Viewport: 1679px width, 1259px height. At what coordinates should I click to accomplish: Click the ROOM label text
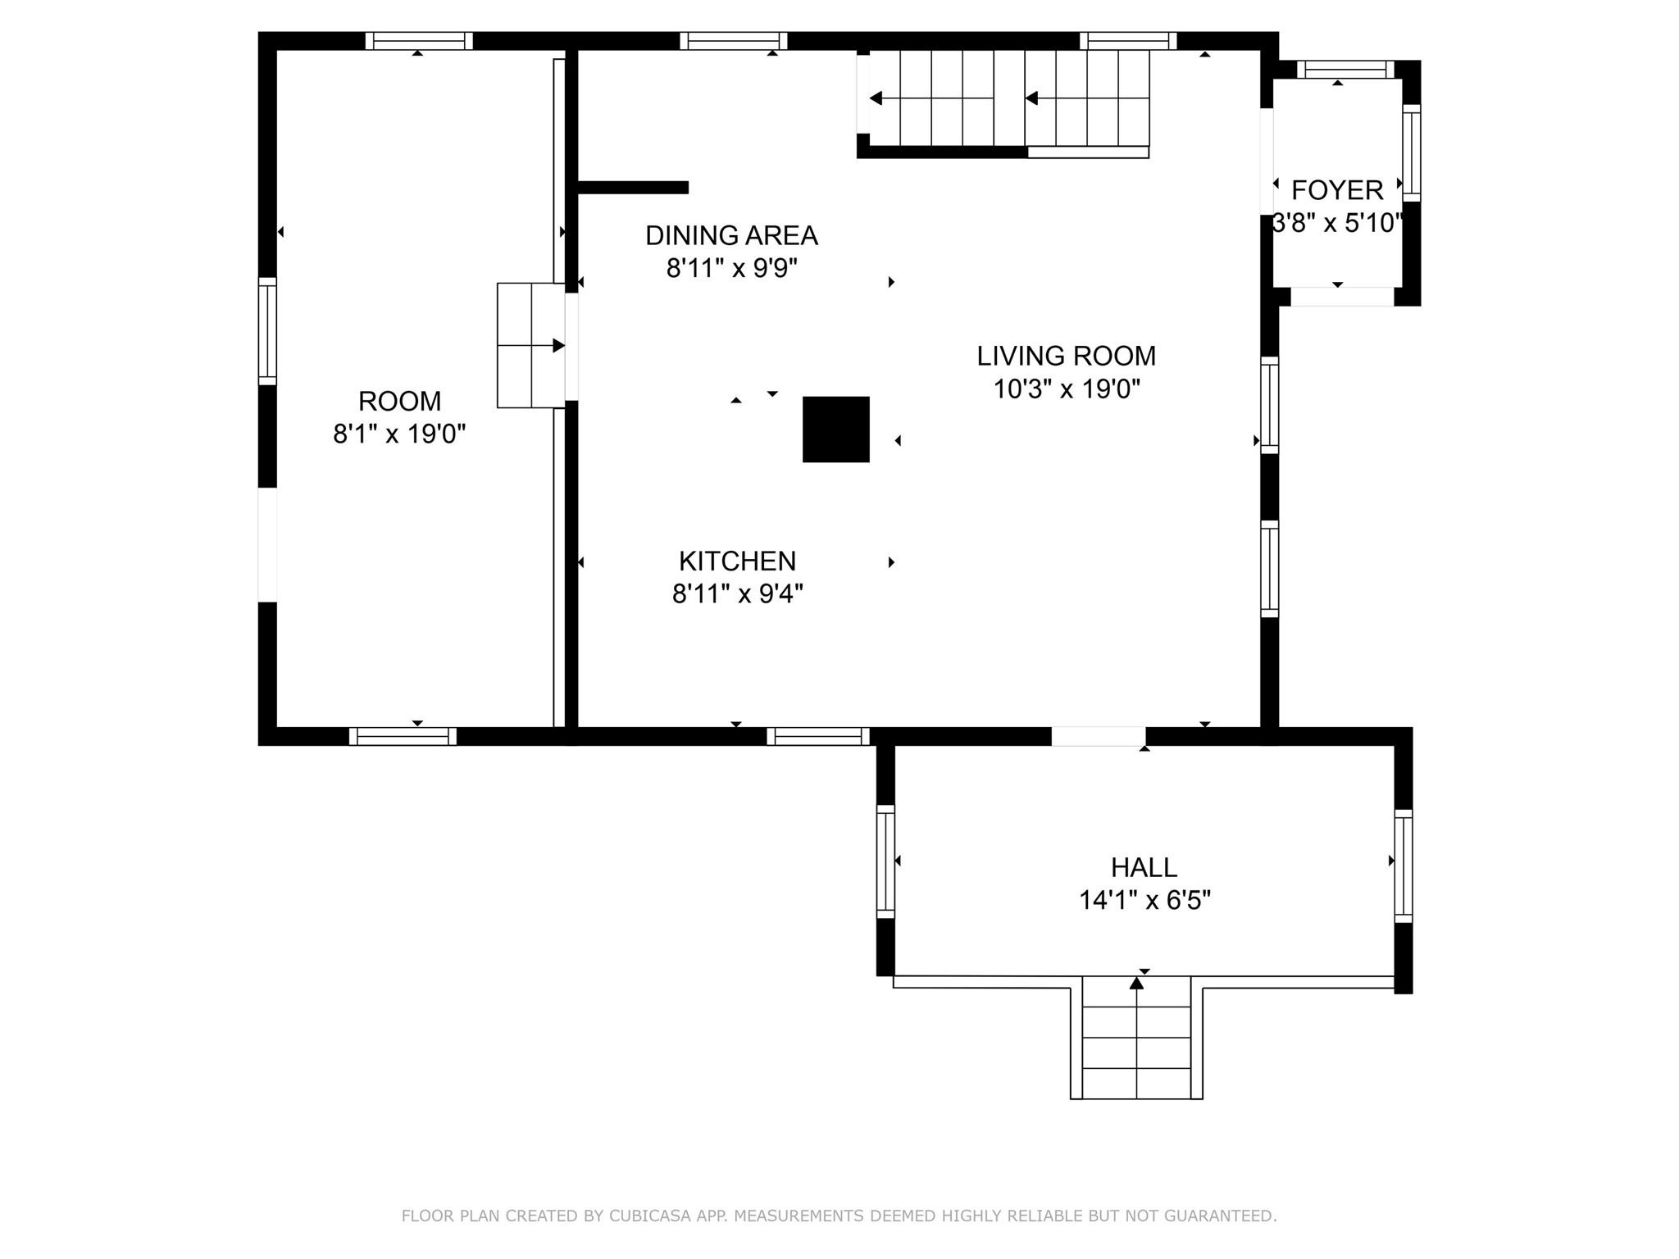point(399,401)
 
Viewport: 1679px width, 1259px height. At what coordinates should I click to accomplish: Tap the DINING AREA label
point(731,235)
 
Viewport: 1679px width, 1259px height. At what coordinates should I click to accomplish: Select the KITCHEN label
point(737,561)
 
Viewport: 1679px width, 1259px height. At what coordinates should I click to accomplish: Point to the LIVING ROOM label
point(1066,356)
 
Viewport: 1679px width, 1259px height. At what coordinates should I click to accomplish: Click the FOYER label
point(1337,190)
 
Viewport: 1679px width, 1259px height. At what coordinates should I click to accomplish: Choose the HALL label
point(1144,867)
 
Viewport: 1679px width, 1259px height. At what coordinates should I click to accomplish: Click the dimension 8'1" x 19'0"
point(399,434)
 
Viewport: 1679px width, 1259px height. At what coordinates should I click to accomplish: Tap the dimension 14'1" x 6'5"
point(1144,900)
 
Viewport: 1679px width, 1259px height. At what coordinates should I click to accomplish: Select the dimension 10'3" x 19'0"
point(1067,389)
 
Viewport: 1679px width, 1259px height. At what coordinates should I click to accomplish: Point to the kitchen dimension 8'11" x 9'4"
point(737,593)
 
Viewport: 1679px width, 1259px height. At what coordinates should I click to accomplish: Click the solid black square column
point(835,430)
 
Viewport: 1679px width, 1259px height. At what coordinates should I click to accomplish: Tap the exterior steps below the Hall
point(1136,1038)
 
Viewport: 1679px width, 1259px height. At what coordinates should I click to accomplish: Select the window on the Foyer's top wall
point(1345,70)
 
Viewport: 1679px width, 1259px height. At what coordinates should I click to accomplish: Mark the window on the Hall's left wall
point(885,861)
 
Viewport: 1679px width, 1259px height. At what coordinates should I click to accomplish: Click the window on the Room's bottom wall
point(403,736)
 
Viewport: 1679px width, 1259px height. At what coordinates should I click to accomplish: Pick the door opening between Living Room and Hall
point(1099,736)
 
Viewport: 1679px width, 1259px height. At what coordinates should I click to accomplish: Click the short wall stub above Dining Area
point(633,188)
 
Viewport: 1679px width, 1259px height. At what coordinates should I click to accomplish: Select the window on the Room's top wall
point(419,41)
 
